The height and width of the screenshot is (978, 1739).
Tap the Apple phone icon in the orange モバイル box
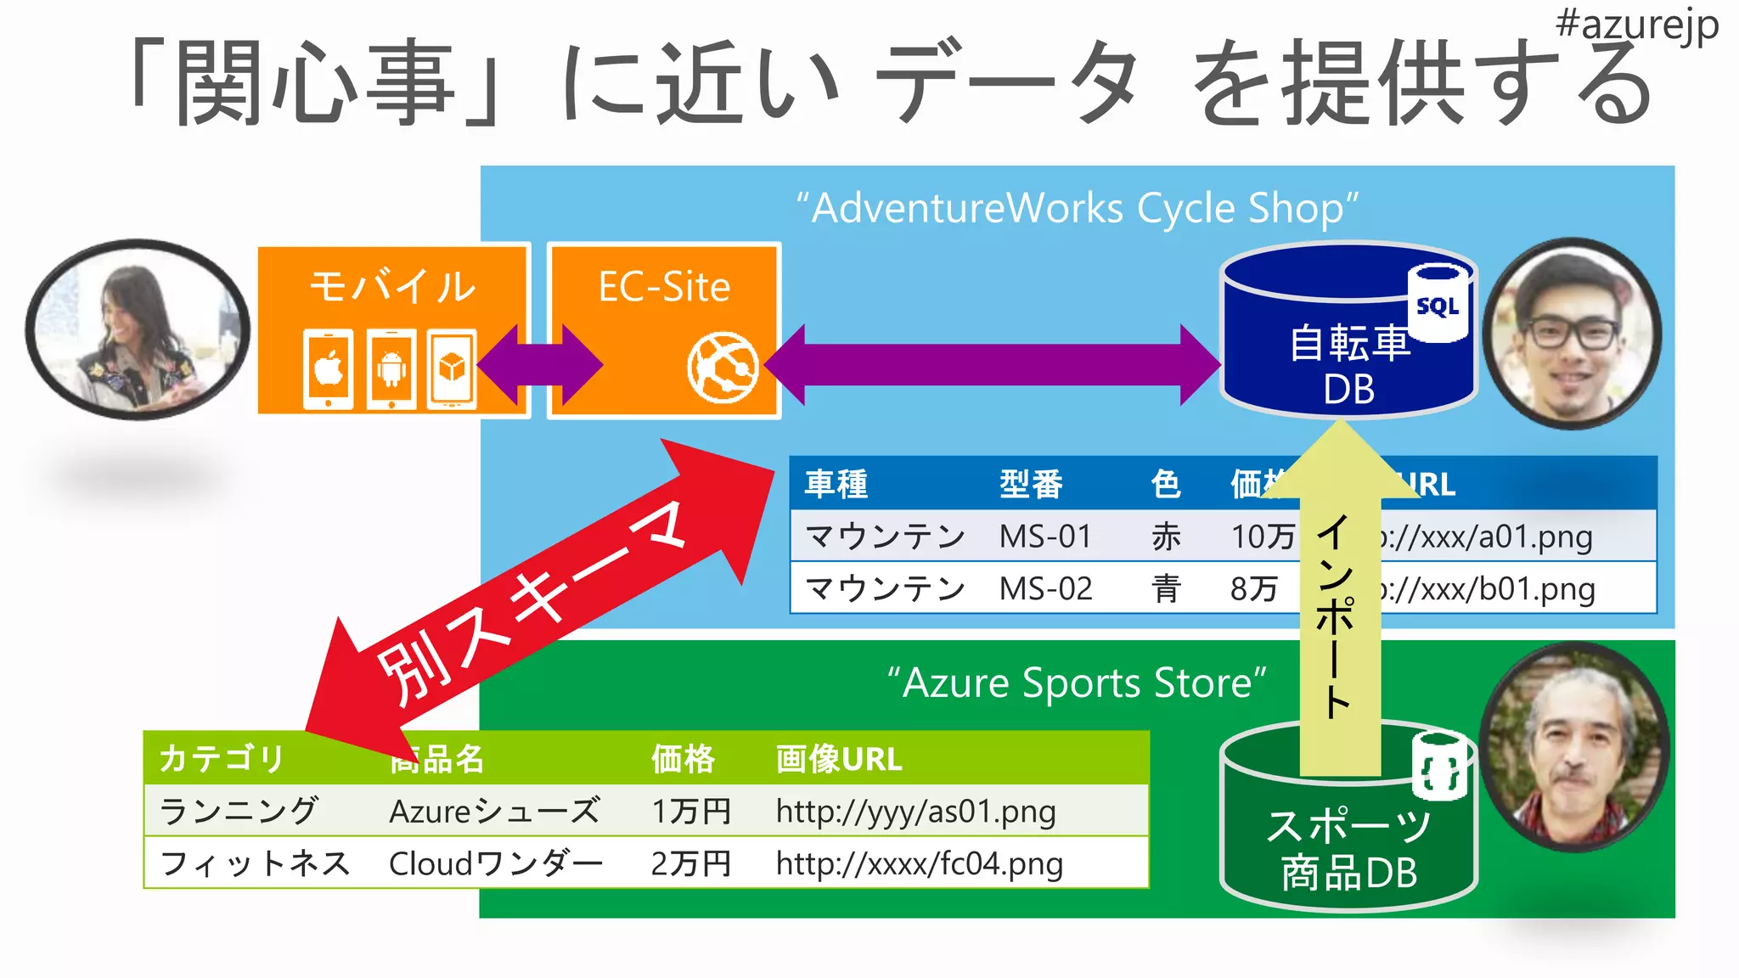pos(329,368)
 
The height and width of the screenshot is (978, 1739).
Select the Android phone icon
pos(391,368)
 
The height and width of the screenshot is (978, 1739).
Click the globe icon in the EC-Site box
pos(722,367)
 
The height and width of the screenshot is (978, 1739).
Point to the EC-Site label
pos(664,287)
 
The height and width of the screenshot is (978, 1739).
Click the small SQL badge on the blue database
pos(1438,305)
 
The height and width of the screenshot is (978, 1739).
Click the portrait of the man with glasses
pos(1572,334)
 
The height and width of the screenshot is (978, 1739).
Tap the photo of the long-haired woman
pos(138,329)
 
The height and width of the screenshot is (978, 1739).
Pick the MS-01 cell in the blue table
pos(1044,537)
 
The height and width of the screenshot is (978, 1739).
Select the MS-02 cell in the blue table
pos(1045,588)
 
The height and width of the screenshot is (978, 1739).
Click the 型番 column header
pos(1031,484)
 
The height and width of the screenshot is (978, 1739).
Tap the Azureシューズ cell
pos(494,811)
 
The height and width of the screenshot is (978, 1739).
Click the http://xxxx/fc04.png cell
pos(919,863)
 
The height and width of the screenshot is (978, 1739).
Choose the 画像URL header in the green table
pos(838,758)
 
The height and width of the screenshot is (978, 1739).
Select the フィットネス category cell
pos(255,863)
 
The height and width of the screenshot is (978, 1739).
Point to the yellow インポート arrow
pos(1339,611)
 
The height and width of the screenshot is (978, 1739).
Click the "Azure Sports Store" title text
pos(1076,683)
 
